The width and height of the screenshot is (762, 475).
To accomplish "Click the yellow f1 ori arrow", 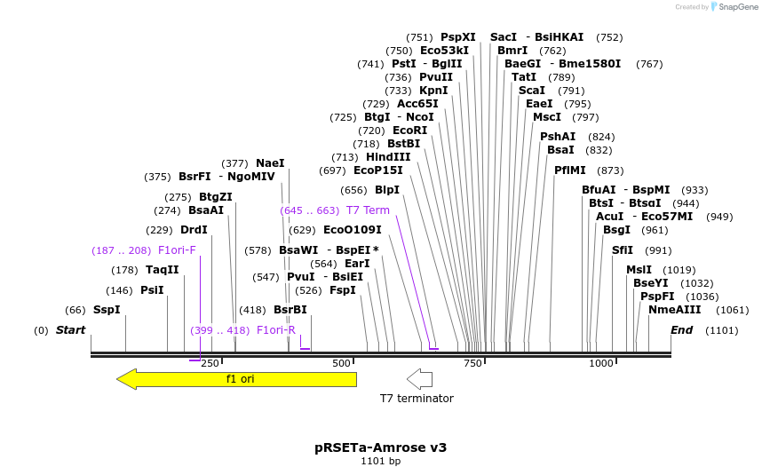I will [x=236, y=379].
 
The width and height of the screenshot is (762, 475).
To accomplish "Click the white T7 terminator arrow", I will [x=419, y=379].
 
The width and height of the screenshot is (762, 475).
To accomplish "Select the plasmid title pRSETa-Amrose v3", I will [x=380, y=447].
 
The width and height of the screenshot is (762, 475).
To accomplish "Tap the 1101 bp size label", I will [x=380, y=462].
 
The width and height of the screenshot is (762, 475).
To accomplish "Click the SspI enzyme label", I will [x=107, y=310].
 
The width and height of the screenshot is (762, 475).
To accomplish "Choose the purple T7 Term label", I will [x=368, y=210].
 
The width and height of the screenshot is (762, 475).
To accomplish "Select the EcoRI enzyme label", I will [x=409, y=130].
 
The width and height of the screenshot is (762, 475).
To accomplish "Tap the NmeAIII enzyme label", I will [x=674, y=310].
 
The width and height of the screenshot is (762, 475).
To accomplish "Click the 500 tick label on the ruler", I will [x=342, y=363].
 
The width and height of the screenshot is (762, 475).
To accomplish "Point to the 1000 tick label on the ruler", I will [x=601, y=363].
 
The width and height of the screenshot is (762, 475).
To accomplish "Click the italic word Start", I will [x=70, y=330].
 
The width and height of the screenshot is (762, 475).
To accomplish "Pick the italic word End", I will [x=681, y=330].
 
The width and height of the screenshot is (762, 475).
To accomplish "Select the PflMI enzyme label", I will [x=569, y=170].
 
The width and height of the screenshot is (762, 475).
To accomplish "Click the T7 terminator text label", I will [x=417, y=399].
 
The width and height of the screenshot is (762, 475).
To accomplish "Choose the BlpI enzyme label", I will [x=387, y=190].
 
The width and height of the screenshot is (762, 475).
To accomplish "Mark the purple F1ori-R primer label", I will [x=275, y=330].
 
